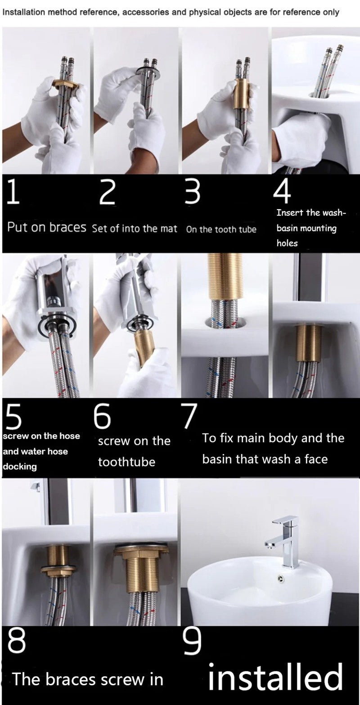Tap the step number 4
282,192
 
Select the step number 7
189,416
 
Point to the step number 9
193,642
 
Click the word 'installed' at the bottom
275,679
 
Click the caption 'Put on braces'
46,227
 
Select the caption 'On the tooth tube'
221,229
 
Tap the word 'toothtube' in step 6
126,462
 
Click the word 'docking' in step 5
20,467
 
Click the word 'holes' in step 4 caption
287,243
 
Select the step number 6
103,417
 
